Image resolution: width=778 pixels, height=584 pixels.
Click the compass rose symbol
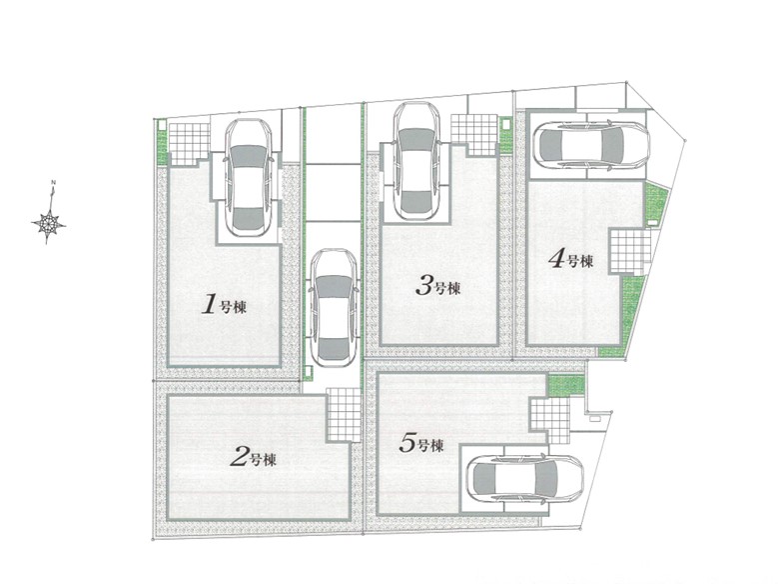pos(49,223)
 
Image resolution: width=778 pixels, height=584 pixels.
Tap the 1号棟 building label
pos(224,304)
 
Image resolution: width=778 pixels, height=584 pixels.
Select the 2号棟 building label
pos(253,457)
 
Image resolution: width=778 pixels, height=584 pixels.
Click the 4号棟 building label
pos(570,259)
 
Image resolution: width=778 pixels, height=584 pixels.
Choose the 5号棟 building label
pos(421,443)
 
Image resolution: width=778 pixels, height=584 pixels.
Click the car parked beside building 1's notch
pos(249,177)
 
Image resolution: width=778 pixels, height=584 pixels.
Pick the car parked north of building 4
pos(591,145)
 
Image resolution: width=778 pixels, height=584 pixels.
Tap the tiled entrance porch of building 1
pos(189,144)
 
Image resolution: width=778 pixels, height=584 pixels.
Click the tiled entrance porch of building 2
pos(344,415)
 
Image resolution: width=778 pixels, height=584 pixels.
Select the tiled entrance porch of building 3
pos(473,134)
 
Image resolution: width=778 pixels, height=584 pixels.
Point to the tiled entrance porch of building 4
pos(629,251)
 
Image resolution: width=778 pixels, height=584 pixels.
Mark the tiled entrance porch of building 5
pos(550,421)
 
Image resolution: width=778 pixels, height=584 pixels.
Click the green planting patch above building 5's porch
pos(566,385)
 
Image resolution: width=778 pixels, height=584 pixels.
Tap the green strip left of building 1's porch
pos(162,141)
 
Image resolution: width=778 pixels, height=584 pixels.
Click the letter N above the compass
pos(52,182)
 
